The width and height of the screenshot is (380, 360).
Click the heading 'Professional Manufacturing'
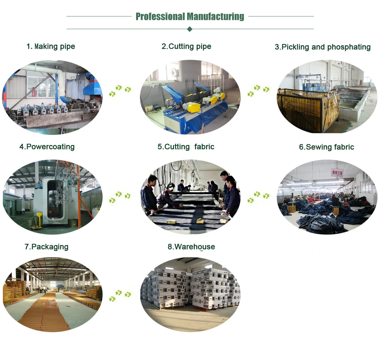[190, 16]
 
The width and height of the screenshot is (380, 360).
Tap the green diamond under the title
[190, 29]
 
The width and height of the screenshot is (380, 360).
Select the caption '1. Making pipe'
[51, 47]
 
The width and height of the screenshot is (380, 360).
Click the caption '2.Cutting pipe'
[186, 47]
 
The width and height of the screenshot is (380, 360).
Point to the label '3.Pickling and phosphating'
[323, 47]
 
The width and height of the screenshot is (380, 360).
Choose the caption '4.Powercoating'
[47, 147]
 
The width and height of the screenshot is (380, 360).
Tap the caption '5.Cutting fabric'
[186, 147]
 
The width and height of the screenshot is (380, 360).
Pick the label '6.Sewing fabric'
[326, 147]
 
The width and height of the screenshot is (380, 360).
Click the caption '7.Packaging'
[46, 247]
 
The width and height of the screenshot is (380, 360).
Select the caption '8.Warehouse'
[191, 247]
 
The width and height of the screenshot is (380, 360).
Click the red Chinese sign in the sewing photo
[337, 173]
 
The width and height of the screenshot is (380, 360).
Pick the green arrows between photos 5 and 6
[258, 197]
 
